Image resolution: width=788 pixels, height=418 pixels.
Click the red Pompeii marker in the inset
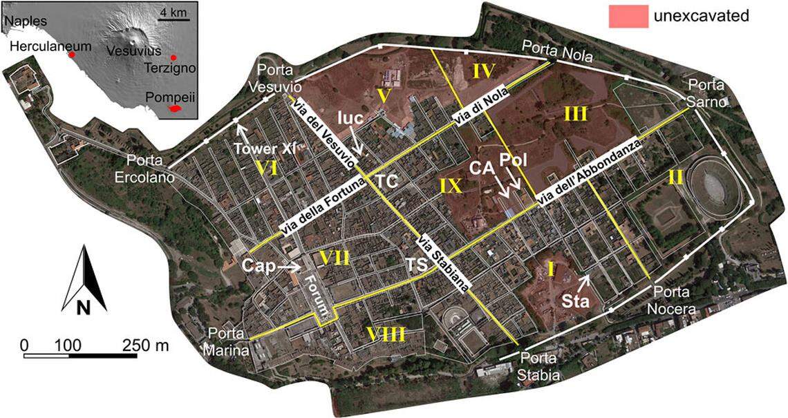coord(178,108)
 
